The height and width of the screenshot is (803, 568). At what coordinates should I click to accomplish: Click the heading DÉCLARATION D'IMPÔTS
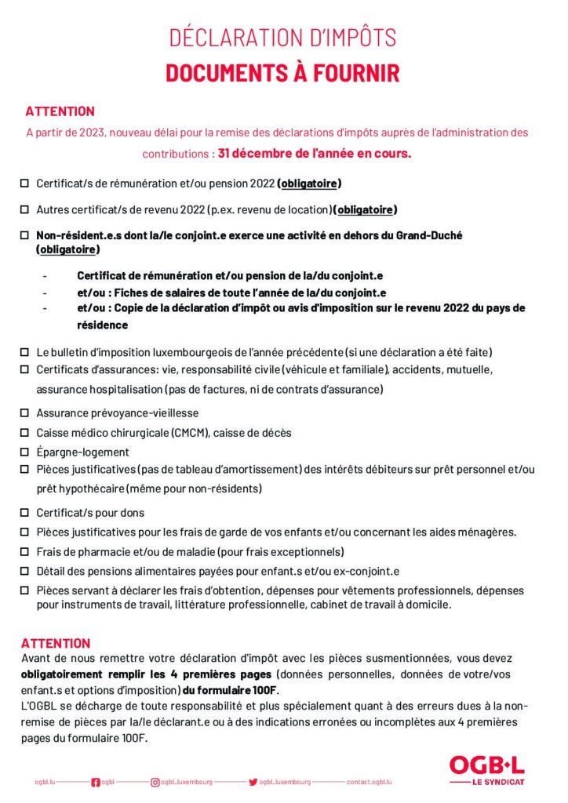tap(283, 37)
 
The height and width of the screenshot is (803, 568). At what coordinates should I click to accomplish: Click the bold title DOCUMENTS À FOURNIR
tap(283, 73)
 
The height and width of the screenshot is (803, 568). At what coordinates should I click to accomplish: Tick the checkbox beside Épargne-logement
tap(24, 452)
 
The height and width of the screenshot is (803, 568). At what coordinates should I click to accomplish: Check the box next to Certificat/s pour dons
tap(24, 513)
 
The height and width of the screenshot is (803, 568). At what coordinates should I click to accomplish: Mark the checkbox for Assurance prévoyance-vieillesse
tap(24, 412)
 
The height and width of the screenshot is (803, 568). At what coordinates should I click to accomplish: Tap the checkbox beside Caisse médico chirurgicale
tap(24, 432)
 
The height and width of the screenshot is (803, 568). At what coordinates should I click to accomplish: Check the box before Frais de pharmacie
tap(24, 551)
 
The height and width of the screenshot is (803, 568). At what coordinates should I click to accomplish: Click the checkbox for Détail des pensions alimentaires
tap(24, 571)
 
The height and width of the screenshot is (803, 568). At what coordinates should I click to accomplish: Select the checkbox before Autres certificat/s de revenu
tap(24, 209)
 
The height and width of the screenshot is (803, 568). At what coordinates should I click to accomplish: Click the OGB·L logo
tap(486, 765)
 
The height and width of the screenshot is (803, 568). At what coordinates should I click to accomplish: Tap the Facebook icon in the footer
tap(96, 782)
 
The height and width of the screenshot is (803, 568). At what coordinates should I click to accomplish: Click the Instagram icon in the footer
tap(155, 782)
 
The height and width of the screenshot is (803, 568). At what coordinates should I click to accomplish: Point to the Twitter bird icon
tap(253, 782)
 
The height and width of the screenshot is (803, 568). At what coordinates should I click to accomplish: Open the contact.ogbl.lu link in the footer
tap(369, 782)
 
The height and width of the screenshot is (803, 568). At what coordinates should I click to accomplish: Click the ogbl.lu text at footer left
tap(45, 782)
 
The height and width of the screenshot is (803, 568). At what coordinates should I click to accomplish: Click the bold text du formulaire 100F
tap(230, 690)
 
